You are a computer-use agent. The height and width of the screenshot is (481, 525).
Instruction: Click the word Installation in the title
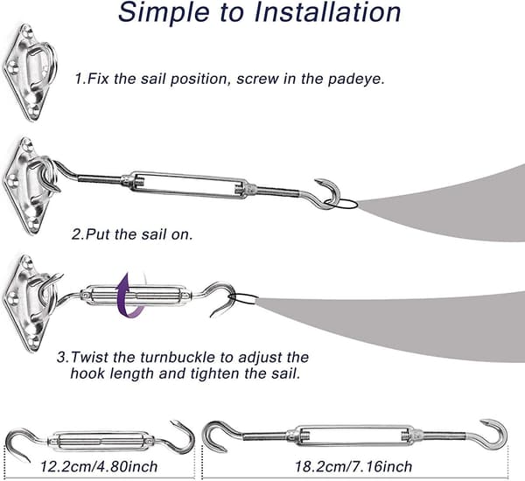327,11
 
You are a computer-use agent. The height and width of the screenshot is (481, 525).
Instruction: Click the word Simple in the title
164,13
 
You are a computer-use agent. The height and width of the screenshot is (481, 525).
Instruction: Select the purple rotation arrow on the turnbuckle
130,296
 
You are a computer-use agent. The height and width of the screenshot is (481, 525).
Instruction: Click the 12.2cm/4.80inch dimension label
99,466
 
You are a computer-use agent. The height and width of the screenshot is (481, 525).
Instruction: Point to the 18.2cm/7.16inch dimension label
353,466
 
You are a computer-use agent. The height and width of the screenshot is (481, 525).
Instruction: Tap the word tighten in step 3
216,373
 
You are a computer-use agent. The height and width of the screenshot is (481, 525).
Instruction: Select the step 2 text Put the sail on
132,234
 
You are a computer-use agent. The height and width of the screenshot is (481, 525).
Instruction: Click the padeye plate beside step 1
29,72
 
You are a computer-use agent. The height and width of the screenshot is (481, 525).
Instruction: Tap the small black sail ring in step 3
245,298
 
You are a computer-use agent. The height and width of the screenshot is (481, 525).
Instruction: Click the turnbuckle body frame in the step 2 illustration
188,185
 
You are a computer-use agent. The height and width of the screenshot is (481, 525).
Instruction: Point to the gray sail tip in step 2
359,203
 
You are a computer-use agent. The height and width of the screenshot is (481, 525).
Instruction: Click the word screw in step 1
257,80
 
